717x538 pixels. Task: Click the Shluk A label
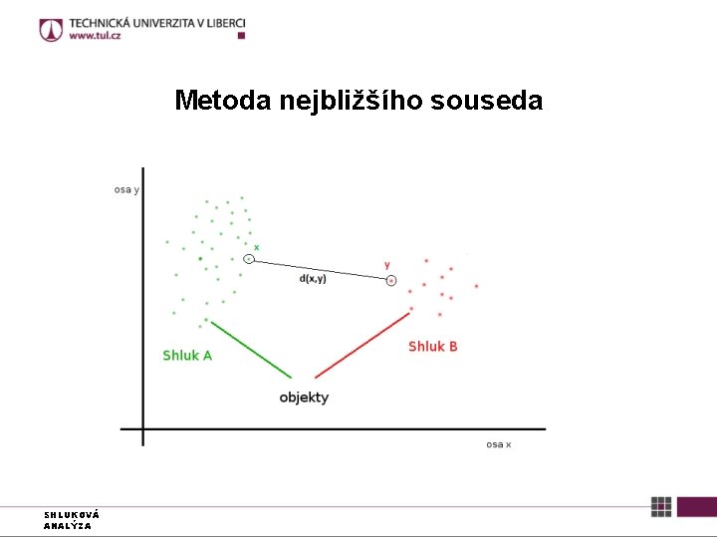pyautogui.click(x=187, y=356)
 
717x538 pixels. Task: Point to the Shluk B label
pyautogui.click(x=433, y=347)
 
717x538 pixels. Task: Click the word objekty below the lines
pyautogui.click(x=304, y=398)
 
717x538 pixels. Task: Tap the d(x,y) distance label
pyautogui.click(x=313, y=279)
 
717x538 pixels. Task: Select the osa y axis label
pyautogui.click(x=126, y=189)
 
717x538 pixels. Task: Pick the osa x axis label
pyautogui.click(x=498, y=444)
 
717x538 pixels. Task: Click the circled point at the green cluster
pyautogui.click(x=249, y=259)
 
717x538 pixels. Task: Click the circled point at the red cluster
pyautogui.click(x=391, y=281)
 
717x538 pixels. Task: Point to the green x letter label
pyautogui.click(x=256, y=247)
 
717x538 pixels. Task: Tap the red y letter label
pyautogui.click(x=387, y=265)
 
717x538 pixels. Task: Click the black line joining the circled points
pyautogui.click(x=319, y=269)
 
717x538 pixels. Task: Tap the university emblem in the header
pyautogui.click(x=51, y=30)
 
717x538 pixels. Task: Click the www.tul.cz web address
pyautogui.click(x=96, y=37)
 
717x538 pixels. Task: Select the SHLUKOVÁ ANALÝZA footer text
pyautogui.click(x=72, y=520)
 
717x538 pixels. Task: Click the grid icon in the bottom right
pyautogui.click(x=661, y=506)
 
